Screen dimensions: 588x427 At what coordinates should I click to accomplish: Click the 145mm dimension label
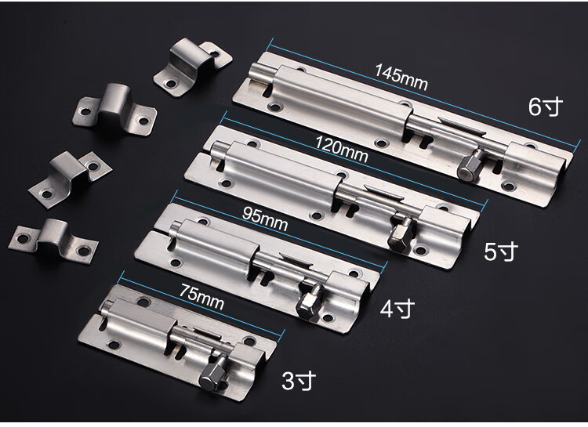pyautogui.click(x=401, y=78)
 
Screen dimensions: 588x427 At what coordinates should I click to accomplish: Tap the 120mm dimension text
pyautogui.click(x=341, y=149)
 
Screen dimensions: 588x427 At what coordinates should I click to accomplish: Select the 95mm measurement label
pyautogui.click(x=265, y=218)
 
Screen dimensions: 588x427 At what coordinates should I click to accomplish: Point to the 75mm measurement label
pyautogui.click(x=202, y=296)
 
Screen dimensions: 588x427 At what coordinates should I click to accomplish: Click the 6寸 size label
pyautogui.click(x=546, y=107)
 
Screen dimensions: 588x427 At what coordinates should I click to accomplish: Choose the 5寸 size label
pyautogui.click(x=501, y=251)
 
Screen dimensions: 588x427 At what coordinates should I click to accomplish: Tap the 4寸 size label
pyautogui.click(x=397, y=309)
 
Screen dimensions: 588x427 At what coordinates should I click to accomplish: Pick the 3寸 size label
pyautogui.click(x=299, y=381)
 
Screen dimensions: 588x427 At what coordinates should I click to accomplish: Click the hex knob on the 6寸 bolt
pyautogui.click(x=469, y=166)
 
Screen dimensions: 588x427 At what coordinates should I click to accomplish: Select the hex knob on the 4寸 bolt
pyautogui.click(x=310, y=302)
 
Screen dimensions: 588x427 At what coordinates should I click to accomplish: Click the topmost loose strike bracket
pyautogui.click(x=192, y=67)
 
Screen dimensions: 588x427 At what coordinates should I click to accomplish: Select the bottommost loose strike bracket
pyautogui.click(x=53, y=240)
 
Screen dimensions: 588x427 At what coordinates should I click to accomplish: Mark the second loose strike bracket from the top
pyautogui.click(x=114, y=110)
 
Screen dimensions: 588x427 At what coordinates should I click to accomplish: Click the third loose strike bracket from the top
pyautogui.click(x=70, y=174)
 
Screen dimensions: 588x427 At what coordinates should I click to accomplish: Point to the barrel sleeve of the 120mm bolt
pyautogui.click(x=282, y=169)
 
